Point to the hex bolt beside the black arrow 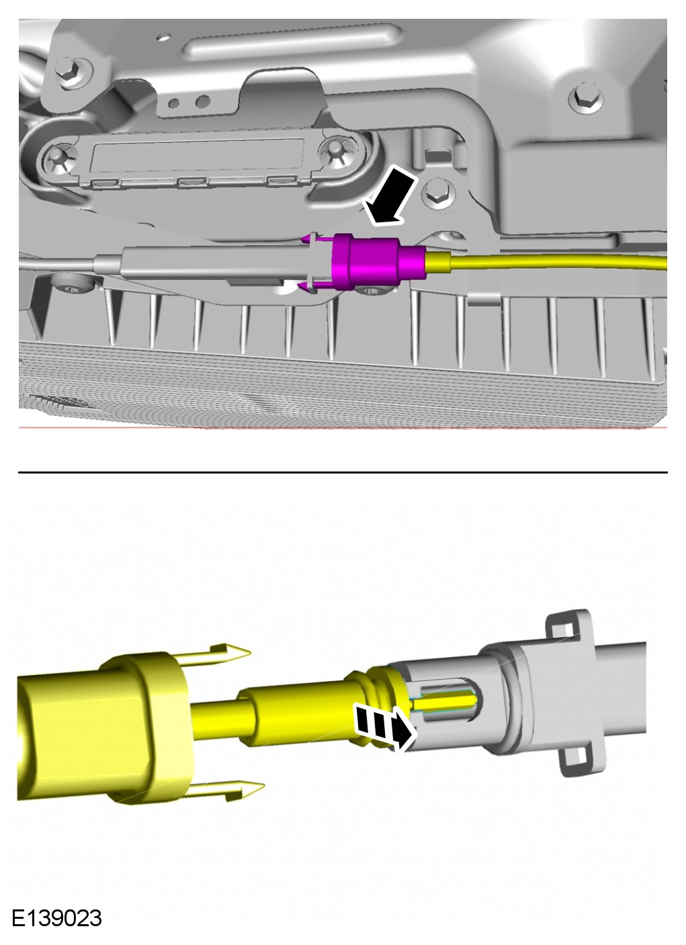click(438, 193)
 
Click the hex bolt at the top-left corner click(69, 71)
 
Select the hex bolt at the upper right click(585, 98)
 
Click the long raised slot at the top click(292, 41)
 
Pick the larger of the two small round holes click(203, 101)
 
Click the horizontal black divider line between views click(343, 473)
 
